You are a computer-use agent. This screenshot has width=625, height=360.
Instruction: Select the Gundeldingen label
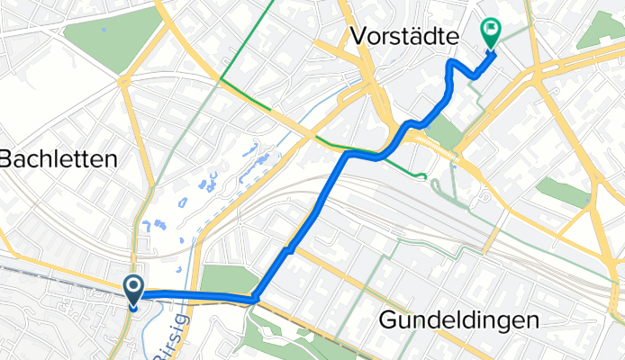tap(459, 319)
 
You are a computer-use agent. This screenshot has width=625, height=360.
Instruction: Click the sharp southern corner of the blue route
tap(256, 298)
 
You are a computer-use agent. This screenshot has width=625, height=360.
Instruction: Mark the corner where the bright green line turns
tap(220, 79)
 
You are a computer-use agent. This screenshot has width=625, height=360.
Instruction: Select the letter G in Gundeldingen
tap(388, 319)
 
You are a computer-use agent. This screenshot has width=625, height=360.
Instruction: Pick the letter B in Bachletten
tap(6, 160)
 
